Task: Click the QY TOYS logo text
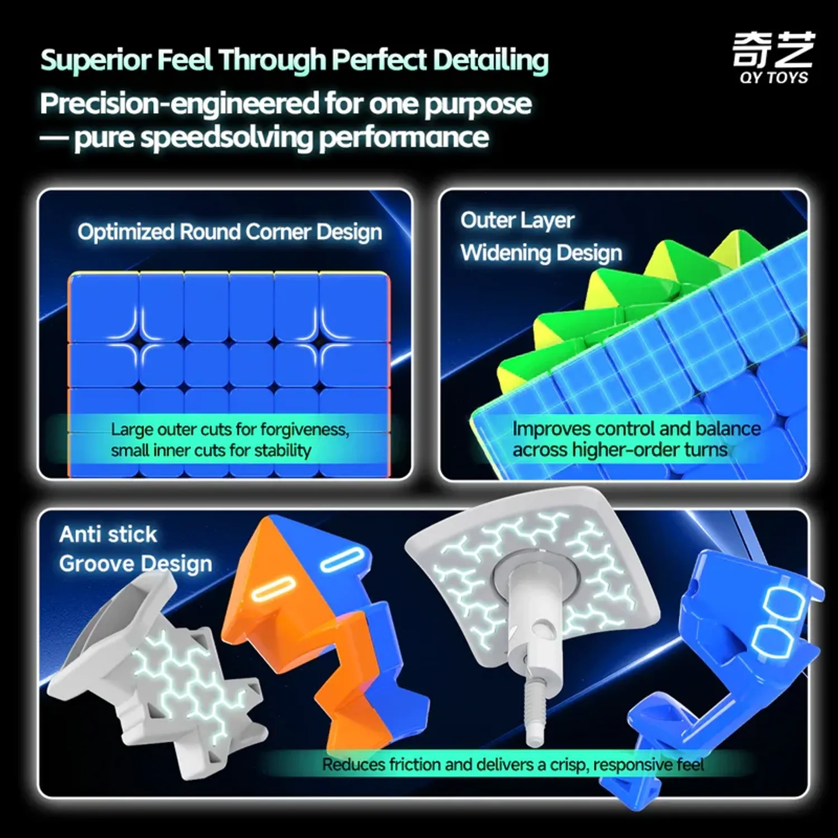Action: [x=774, y=78]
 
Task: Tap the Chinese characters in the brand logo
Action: [x=774, y=50]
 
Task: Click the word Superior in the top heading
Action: [x=96, y=60]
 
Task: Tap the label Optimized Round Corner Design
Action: [x=230, y=232]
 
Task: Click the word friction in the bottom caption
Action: [x=412, y=764]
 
